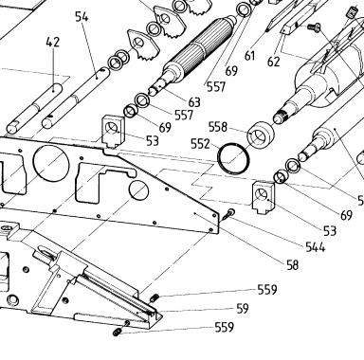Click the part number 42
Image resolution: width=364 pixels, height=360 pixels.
pyautogui.click(x=52, y=42)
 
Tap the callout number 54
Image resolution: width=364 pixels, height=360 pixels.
pyautogui.click(x=82, y=16)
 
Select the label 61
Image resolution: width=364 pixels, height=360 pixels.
pyautogui.click(x=249, y=56)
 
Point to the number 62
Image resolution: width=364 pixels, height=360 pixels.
pyautogui.click(x=273, y=62)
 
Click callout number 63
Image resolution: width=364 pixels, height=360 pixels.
pyautogui.click(x=194, y=102)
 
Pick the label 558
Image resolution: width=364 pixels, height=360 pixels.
pyautogui.click(x=218, y=127)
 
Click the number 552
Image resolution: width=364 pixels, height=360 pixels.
pyautogui.click(x=200, y=144)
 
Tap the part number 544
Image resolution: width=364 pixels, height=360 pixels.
pyautogui.click(x=316, y=246)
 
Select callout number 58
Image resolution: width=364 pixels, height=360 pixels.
pyautogui.click(x=293, y=265)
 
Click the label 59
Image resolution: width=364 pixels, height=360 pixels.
pyautogui.click(x=243, y=309)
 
